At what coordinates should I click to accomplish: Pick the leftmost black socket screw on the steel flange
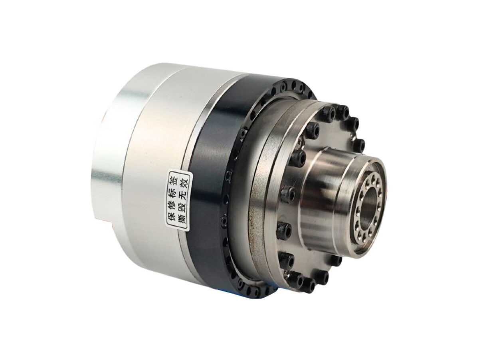(284, 232)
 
